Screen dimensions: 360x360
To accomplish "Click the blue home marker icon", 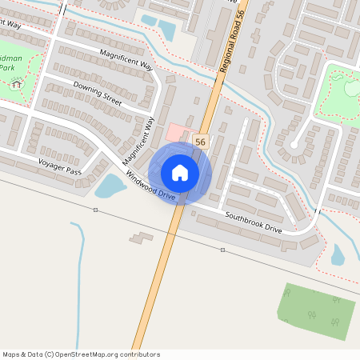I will (180, 173).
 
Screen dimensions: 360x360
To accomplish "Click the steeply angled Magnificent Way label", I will (139, 141).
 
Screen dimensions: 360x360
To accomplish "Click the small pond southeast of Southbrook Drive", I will (338, 254).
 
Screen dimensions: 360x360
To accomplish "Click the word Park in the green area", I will (7, 69).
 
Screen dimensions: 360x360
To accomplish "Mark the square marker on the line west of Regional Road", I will (95, 210).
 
